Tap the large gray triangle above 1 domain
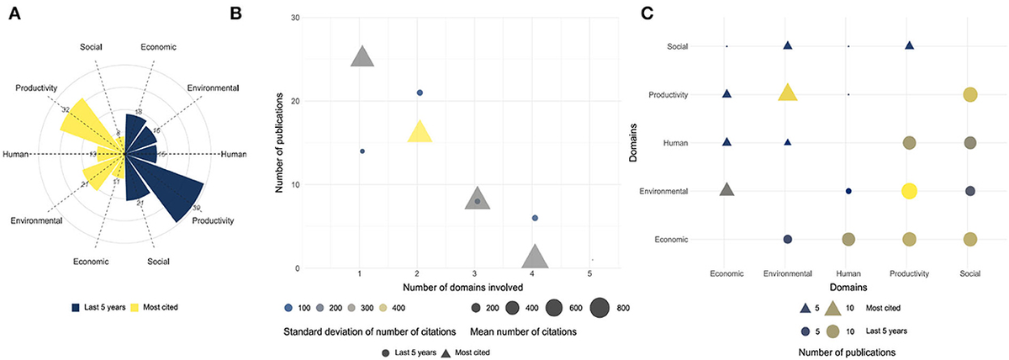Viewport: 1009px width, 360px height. [x=362, y=57]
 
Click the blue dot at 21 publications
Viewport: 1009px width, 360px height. [x=420, y=93]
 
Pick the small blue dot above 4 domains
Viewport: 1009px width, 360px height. [x=535, y=218]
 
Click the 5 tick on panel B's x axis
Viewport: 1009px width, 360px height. [x=591, y=274]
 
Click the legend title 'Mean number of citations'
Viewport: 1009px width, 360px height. [x=523, y=331]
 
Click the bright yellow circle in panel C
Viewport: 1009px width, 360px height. [x=909, y=191]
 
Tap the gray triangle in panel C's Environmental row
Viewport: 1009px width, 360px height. [x=727, y=190]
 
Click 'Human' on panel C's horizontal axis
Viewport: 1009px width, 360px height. [x=848, y=273]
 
